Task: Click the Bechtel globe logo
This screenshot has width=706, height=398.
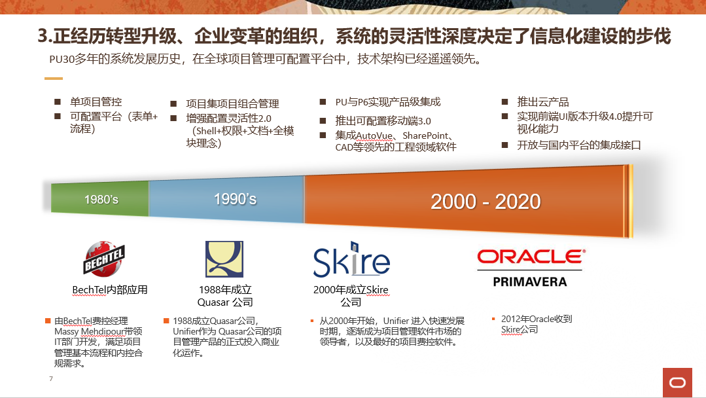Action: tap(104, 259)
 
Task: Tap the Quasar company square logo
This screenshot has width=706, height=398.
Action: tap(224, 259)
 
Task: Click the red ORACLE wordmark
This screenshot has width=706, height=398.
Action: tap(531, 257)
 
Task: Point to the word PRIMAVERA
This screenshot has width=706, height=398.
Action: tap(530, 282)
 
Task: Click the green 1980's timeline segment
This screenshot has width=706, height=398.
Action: tap(100, 198)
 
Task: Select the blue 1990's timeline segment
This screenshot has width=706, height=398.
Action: tap(226, 199)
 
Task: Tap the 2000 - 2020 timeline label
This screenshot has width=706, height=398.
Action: tap(485, 201)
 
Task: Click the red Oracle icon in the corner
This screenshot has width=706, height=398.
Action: tap(677, 383)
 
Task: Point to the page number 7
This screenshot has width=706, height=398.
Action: tap(51, 378)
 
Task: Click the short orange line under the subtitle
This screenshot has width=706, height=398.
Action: tap(54, 79)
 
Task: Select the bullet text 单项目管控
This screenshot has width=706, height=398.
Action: tap(96, 101)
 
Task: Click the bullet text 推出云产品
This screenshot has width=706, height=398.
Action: tap(542, 101)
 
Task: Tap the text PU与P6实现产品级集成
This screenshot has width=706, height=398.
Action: tap(387, 101)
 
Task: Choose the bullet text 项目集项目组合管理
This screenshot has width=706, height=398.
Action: tap(232, 103)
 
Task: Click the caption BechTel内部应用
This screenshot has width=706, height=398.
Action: tap(110, 289)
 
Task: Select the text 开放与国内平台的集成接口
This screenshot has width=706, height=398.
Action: tap(578, 145)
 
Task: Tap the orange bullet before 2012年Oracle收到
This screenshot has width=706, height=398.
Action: tap(493, 319)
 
